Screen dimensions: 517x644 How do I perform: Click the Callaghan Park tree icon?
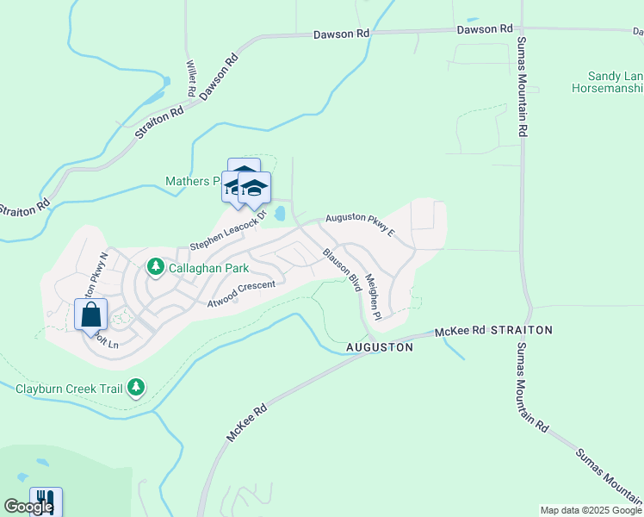[156, 267]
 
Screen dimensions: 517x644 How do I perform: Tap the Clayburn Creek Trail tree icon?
[136, 388]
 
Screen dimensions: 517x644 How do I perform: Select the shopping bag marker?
[91, 315]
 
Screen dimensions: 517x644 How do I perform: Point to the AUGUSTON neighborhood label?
[380, 347]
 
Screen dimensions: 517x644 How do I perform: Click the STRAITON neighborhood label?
[521, 330]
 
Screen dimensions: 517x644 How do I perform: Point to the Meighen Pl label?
[372, 297]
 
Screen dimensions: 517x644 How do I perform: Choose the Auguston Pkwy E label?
[360, 225]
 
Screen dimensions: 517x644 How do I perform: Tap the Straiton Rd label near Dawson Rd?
[159, 122]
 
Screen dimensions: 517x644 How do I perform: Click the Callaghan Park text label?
[208, 268]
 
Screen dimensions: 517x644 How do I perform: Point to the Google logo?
[28, 507]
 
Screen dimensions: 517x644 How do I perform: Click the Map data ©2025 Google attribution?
[591, 510]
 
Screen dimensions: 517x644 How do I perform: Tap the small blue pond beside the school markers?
[279, 213]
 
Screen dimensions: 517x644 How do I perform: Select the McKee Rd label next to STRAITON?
[461, 330]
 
